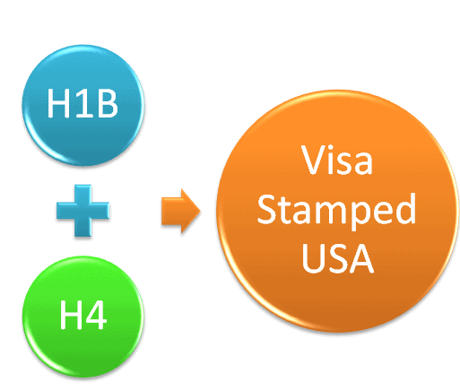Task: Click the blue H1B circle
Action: click(x=83, y=105)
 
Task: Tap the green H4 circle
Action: click(x=83, y=317)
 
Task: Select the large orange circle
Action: click(x=337, y=211)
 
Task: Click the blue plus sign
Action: click(x=83, y=211)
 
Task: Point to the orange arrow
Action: click(x=181, y=211)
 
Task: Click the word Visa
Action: click(x=337, y=160)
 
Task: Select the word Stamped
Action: click(x=336, y=211)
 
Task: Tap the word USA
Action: click(x=338, y=258)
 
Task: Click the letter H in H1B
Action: click(x=58, y=104)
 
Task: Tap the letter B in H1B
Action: click(x=108, y=104)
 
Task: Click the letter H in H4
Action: click(x=70, y=315)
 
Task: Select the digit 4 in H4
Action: click(x=96, y=315)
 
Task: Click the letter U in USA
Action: click(x=313, y=258)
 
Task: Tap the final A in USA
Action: click(x=362, y=258)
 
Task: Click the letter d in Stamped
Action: click(x=405, y=209)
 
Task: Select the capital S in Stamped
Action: click(x=266, y=209)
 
